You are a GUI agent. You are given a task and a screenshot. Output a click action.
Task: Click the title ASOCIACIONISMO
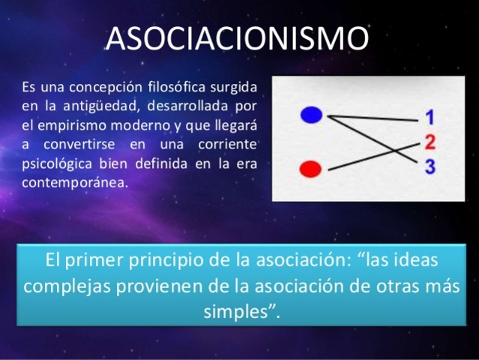[238, 38]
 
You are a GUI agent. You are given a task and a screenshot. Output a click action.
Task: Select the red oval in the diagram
[310, 169]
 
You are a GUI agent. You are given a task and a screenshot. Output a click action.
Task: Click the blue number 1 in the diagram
[430, 118]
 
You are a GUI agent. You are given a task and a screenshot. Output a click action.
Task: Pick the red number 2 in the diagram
[430, 142]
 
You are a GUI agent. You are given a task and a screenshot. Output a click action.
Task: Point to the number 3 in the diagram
[430, 166]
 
